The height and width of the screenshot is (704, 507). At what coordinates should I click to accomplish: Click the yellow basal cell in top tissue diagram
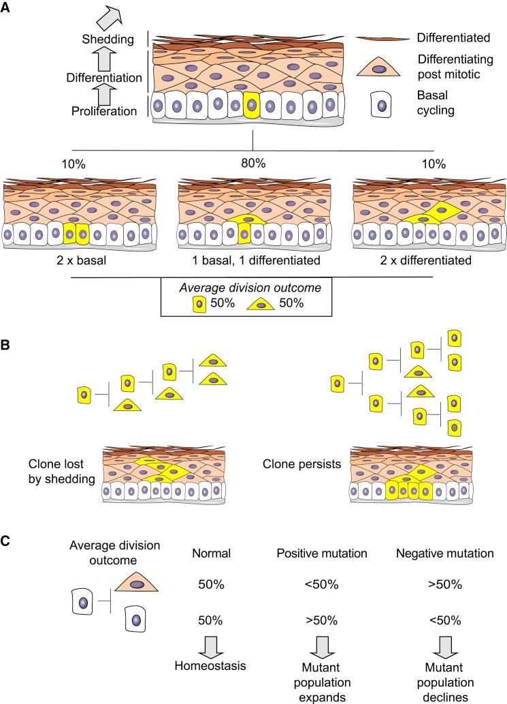click(252, 106)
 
